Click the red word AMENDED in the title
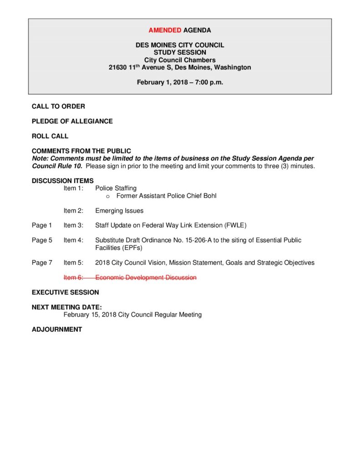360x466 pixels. [165, 30]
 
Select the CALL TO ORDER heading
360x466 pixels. [58, 106]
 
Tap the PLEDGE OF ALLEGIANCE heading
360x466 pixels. [72, 122]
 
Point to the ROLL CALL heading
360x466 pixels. [50, 136]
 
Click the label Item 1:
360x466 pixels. [73, 188]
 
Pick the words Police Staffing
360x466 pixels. [116, 188]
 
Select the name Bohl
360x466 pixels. [209, 196]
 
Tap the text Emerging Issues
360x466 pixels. [119, 211]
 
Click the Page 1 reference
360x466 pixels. [42, 225]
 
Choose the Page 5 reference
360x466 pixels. [42, 240]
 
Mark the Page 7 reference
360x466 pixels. [42, 263]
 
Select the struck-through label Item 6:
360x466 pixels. [73, 278]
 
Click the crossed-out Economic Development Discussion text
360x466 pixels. [146, 278]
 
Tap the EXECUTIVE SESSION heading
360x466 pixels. [65, 292]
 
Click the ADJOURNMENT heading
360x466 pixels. [57, 329]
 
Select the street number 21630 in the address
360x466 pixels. [118, 67]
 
